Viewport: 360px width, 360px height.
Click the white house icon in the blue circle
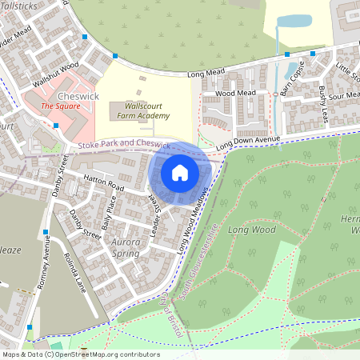(180, 173)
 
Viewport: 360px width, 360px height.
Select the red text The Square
(58, 106)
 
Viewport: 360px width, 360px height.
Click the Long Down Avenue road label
(249, 142)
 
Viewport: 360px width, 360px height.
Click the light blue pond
(294, 21)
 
